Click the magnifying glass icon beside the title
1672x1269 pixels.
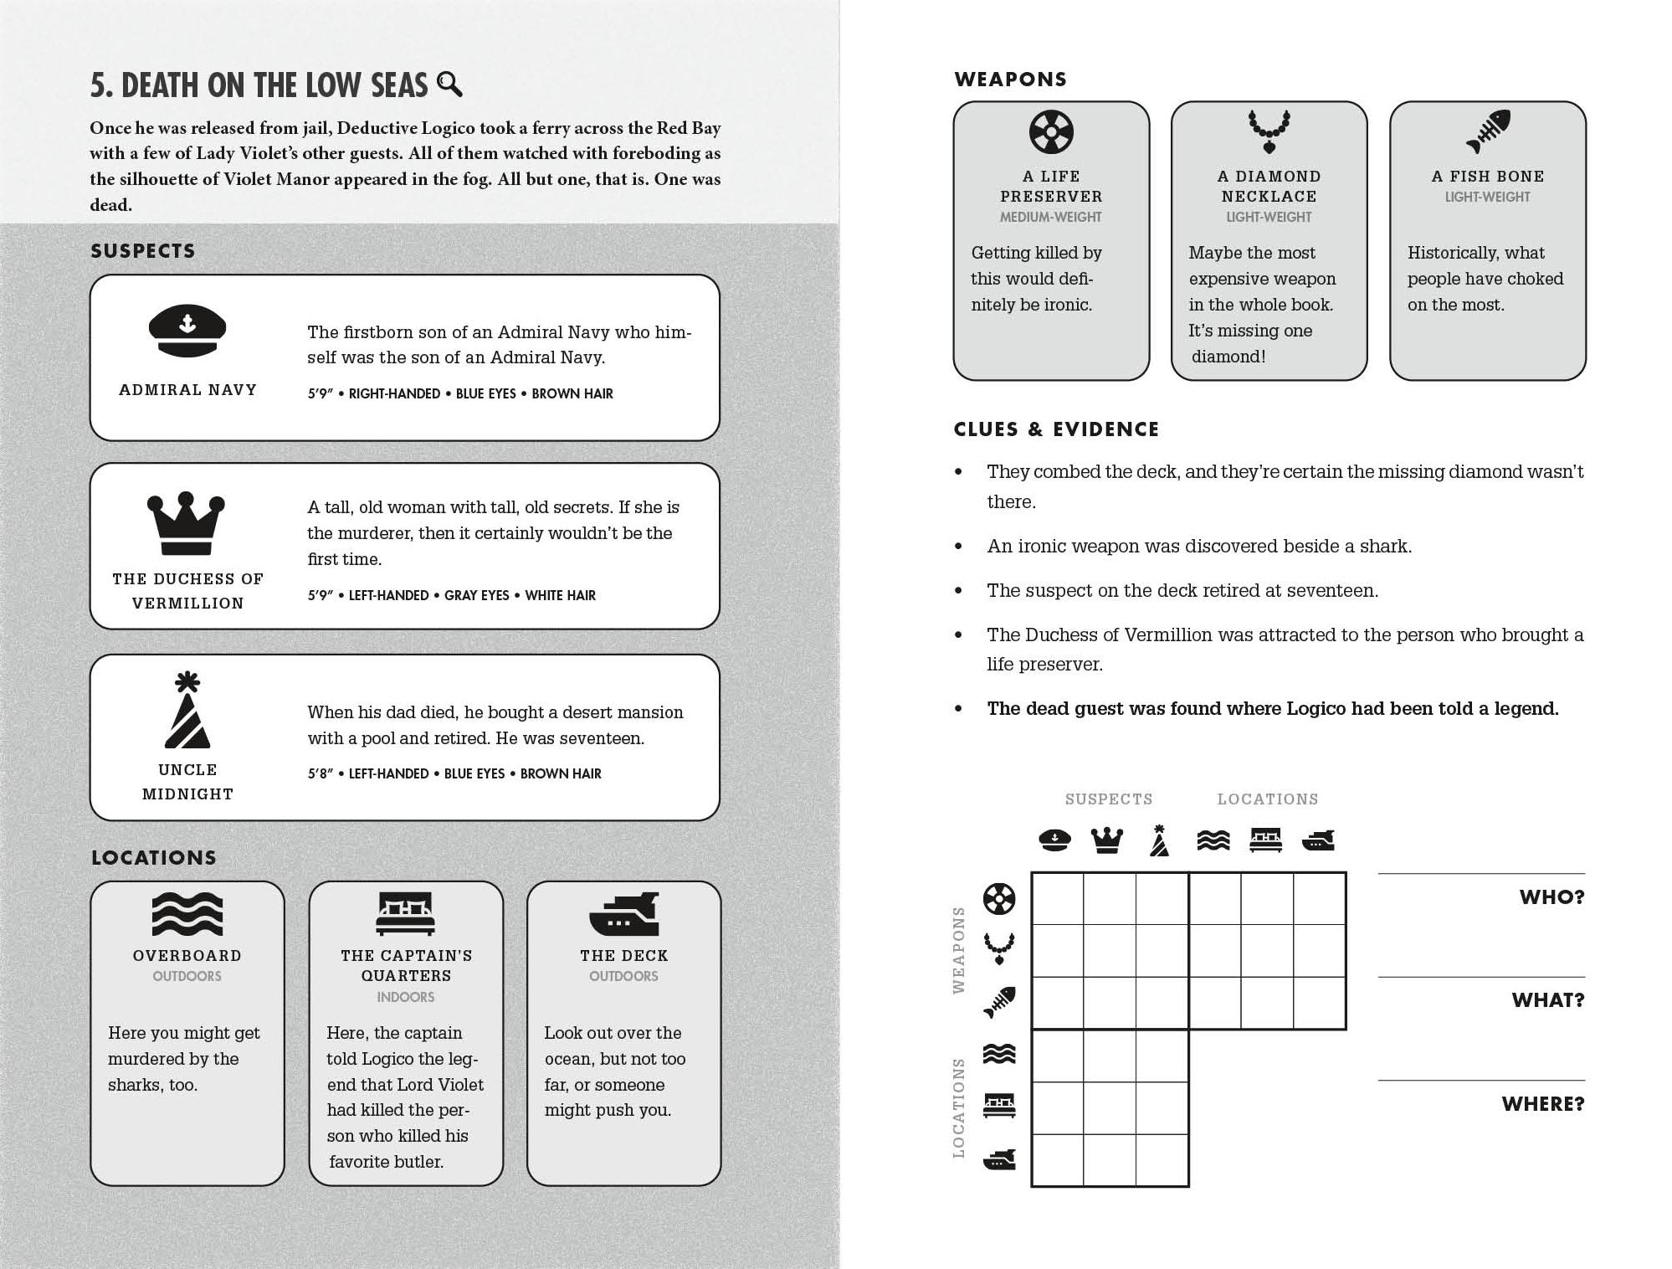[449, 85]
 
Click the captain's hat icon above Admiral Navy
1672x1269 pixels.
[187, 331]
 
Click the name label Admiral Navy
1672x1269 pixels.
[187, 390]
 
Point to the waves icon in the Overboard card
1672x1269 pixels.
[187, 913]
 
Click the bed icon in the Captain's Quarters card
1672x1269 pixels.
[406, 913]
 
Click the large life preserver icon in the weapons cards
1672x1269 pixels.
[1051, 131]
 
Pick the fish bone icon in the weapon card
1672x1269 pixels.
[1488, 131]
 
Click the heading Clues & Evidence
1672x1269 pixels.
[1056, 429]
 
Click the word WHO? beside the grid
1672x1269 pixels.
[1551, 897]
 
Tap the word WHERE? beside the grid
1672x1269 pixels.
[1543, 1104]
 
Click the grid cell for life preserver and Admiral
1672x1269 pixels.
[1057, 898]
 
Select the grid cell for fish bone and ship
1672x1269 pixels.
[1320, 1003]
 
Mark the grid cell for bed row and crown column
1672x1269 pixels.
[1110, 1108]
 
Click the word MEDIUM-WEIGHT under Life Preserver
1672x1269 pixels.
[1051, 218]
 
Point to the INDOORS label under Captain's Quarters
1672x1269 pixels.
[406, 997]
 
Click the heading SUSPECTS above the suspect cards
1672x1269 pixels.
[143, 251]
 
